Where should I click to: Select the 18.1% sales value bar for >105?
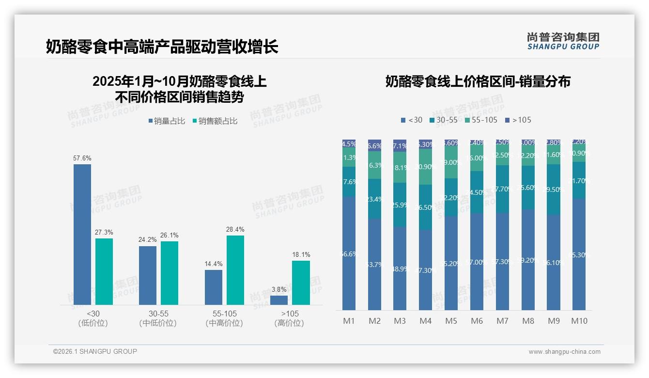click(301, 283)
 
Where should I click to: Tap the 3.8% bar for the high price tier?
click(279, 300)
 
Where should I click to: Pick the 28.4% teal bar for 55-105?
click(235, 270)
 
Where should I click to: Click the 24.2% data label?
click(148, 239)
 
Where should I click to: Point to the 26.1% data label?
click(170, 235)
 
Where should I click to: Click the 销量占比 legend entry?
click(167, 121)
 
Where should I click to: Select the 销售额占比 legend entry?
click(215, 121)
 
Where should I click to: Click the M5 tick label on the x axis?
click(451, 321)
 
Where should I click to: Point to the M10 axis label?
click(579, 321)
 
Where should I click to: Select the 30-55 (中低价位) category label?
click(158, 318)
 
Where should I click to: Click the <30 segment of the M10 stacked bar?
click(579, 254)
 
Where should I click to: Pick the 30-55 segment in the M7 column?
click(502, 189)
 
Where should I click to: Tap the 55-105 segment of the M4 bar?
click(425, 167)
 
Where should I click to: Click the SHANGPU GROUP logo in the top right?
click(563, 41)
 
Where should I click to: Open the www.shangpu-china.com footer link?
click(564, 352)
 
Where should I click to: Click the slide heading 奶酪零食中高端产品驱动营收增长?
click(162, 47)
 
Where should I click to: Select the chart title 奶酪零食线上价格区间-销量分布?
click(478, 81)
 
